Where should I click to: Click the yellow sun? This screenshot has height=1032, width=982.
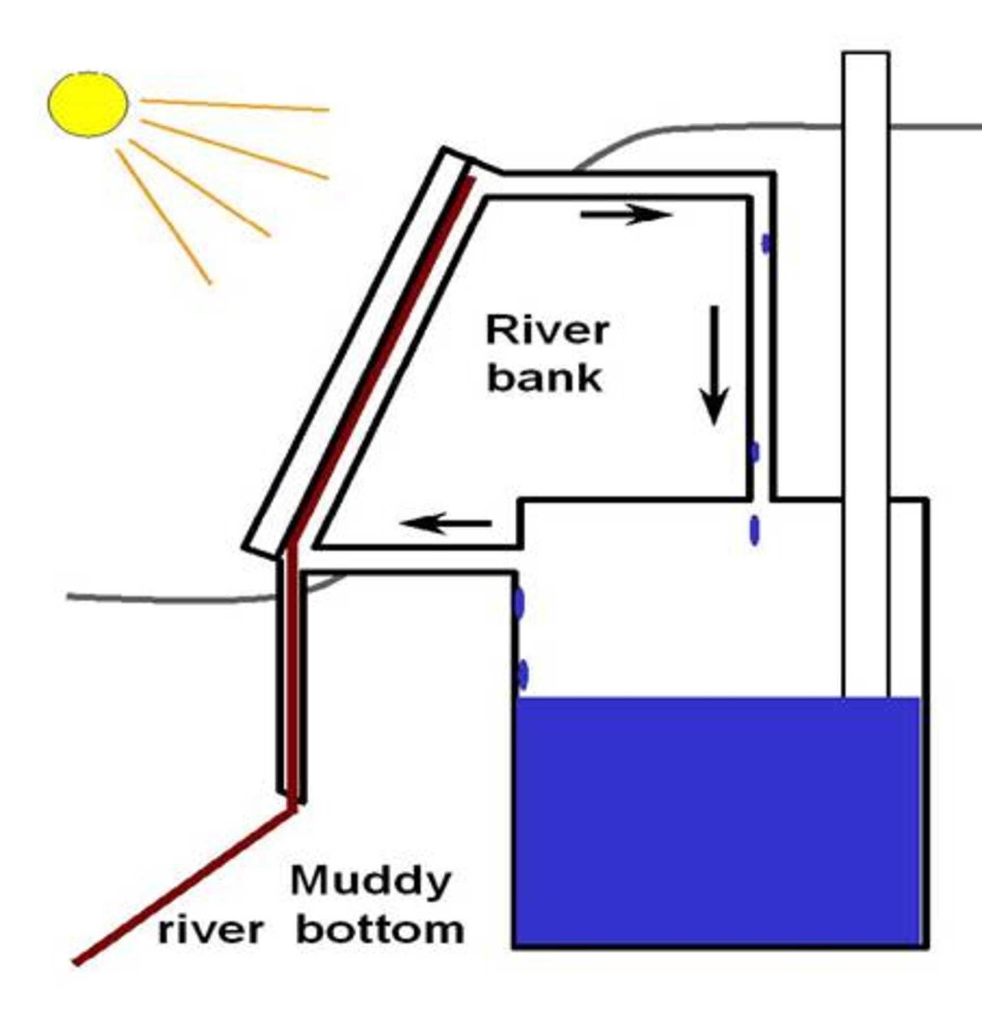(88, 104)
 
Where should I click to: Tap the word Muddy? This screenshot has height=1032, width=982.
(371, 881)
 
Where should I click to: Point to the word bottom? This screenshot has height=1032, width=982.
(380, 930)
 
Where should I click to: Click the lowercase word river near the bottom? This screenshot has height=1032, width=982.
(211, 931)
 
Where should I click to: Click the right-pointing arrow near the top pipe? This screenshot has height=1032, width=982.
(626, 214)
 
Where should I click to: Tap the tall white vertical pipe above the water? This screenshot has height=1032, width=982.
(866, 366)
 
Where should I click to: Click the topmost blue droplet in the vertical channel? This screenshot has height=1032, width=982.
(766, 244)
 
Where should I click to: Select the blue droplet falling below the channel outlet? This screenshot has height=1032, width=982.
(754, 531)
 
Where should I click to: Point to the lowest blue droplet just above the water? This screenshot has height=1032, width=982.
(522, 675)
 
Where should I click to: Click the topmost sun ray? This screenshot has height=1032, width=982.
(235, 105)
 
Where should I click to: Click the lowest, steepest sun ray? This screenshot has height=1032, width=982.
(164, 217)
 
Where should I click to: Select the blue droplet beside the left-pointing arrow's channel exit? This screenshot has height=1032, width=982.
(518, 603)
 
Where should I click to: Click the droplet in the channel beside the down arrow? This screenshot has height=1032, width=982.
(754, 452)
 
